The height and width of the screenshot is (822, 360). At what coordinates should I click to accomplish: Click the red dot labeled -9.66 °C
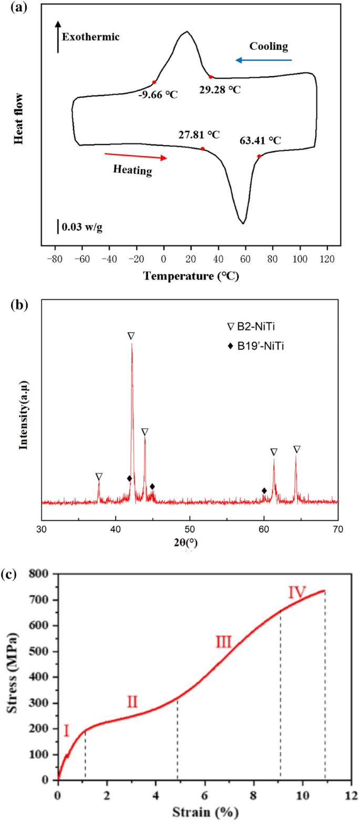click(x=154, y=83)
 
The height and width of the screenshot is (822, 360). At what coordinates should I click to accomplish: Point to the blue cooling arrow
click(x=263, y=60)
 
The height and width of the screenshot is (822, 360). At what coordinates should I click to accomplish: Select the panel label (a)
click(x=15, y=8)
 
